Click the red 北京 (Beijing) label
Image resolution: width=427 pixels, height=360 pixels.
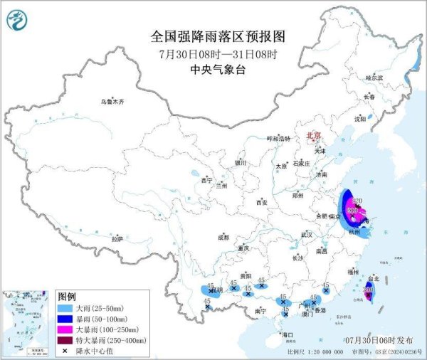coord(313,134)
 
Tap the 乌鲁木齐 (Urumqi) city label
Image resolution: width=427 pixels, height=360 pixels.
coord(112,102)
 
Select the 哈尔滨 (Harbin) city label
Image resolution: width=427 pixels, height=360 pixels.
coord(374,78)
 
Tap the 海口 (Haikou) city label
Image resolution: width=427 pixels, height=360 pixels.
coord(287,334)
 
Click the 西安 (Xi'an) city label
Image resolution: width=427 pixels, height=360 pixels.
coord(261,203)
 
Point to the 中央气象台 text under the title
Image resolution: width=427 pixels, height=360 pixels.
coord(213,70)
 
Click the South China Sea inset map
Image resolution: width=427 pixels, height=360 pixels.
coord(26,321)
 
